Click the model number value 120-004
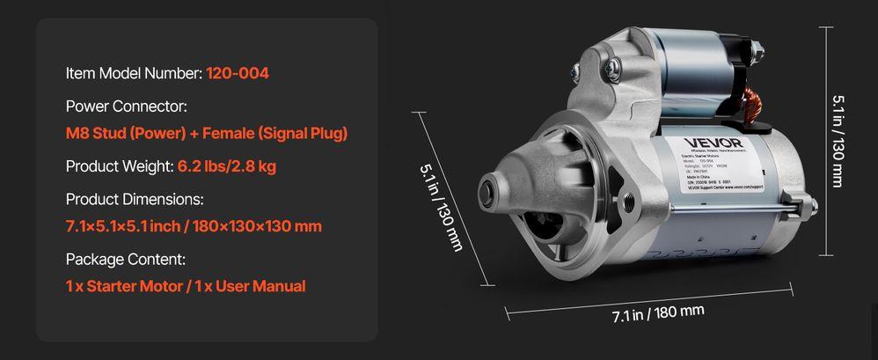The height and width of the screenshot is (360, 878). coord(238,73)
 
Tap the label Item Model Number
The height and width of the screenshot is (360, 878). coord(134,73)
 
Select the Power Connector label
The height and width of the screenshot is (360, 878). coord(127,107)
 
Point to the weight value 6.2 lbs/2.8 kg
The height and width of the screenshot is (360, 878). coord(228,166)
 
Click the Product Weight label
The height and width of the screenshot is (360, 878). coord(120,166)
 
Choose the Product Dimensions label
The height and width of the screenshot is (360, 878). coord(135,199)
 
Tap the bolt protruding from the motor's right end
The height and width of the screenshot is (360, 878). coord(812,207)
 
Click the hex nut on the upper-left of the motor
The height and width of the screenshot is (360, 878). coord(576,70)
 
